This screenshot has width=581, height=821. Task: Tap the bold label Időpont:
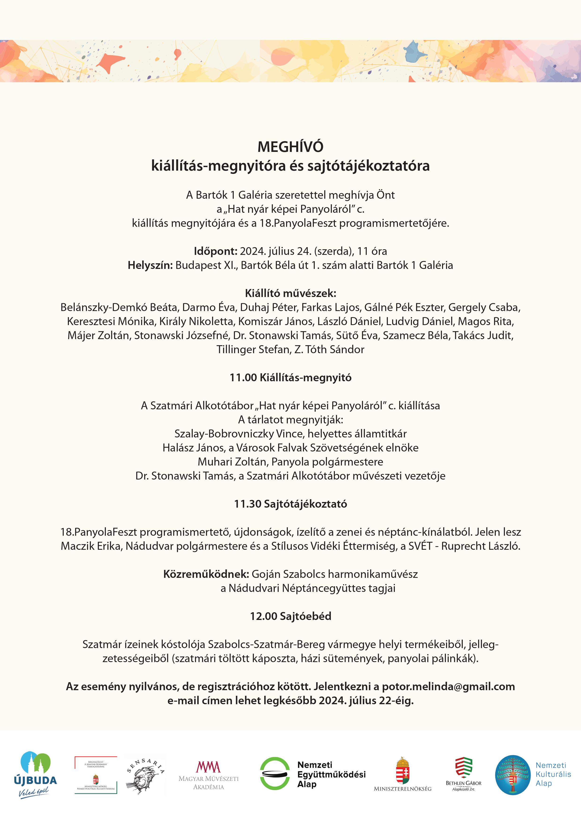coord(215,251)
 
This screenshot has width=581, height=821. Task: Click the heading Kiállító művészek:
coord(290,293)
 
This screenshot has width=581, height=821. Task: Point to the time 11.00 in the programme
coord(243,378)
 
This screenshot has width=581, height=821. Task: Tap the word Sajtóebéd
coord(306,616)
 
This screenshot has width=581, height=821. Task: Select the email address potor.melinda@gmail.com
coord(448,687)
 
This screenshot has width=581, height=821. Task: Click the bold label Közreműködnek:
coord(206,574)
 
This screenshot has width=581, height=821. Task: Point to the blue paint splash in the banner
coord(415,52)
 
